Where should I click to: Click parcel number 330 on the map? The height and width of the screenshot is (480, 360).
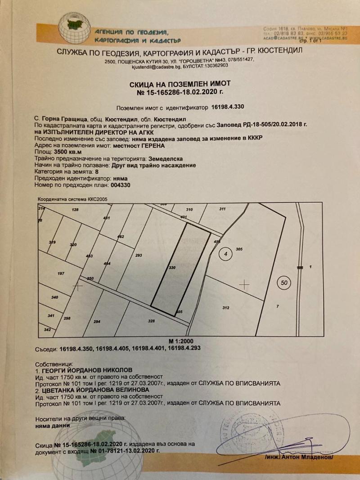pyautogui.click(x=171, y=267)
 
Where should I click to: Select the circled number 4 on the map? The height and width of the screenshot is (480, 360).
pyautogui.click(x=226, y=255)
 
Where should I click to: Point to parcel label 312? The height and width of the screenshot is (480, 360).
pyautogui.click(x=226, y=308)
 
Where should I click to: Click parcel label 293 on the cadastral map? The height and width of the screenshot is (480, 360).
pyautogui.click(x=139, y=256)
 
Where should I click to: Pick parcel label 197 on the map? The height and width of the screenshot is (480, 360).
pyautogui.click(x=62, y=274)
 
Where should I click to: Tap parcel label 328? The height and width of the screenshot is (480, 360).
pyautogui.click(x=151, y=321)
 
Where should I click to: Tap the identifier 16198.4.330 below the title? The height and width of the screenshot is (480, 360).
pyautogui.click(x=228, y=108)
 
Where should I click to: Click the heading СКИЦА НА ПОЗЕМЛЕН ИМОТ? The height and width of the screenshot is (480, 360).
pyautogui.click(x=180, y=84)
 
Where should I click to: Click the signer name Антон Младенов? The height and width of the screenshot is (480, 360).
pyautogui.click(x=309, y=457)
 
